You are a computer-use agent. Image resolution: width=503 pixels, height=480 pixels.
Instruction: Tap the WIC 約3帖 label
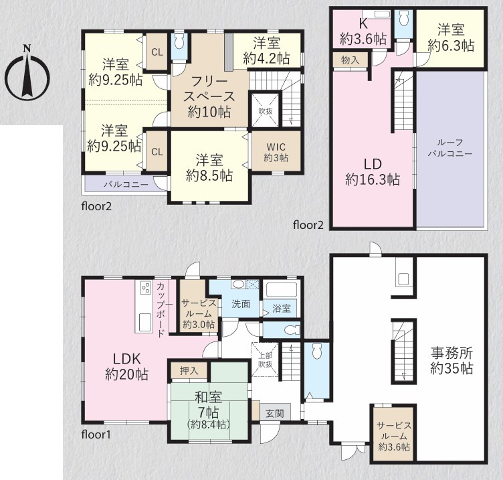coord(276,152)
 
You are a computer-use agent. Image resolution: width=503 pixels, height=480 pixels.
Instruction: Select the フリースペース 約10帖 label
coord(209,96)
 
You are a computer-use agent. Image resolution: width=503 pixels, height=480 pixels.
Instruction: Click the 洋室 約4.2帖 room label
coord(267,51)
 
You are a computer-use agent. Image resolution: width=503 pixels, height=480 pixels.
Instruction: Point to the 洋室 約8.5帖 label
coord(209,168)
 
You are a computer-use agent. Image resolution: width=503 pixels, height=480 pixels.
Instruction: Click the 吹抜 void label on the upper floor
coord(266,111)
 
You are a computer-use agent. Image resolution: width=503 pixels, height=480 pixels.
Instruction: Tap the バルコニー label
coord(126,185)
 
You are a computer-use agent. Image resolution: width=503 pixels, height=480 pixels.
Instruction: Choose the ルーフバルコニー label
coord(449,148)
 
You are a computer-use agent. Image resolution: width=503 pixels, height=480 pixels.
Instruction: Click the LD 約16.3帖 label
coord(373,172)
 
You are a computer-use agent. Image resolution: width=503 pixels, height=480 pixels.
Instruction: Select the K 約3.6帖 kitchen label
coord(363,31)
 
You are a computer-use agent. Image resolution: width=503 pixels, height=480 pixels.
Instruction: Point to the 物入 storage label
coord(350,60)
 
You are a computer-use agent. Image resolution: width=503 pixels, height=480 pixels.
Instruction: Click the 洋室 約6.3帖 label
coord(451,37)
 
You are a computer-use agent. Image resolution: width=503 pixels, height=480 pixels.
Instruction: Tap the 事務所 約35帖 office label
coord(451,361)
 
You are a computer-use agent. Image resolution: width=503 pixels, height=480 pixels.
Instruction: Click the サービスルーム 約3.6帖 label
coord(394,436)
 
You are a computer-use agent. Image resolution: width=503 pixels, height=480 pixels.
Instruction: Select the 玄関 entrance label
coord(275,414)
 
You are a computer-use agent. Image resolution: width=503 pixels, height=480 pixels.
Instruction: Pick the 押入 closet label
coord(189,371)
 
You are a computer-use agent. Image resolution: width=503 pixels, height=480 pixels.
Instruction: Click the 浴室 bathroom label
coord(282,309)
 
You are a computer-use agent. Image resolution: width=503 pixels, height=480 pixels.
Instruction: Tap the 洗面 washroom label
coord(241,304)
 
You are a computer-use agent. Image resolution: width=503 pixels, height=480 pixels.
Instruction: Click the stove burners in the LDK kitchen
coord(146,287)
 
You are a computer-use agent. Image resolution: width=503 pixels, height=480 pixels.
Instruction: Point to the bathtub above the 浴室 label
coord(282,291)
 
